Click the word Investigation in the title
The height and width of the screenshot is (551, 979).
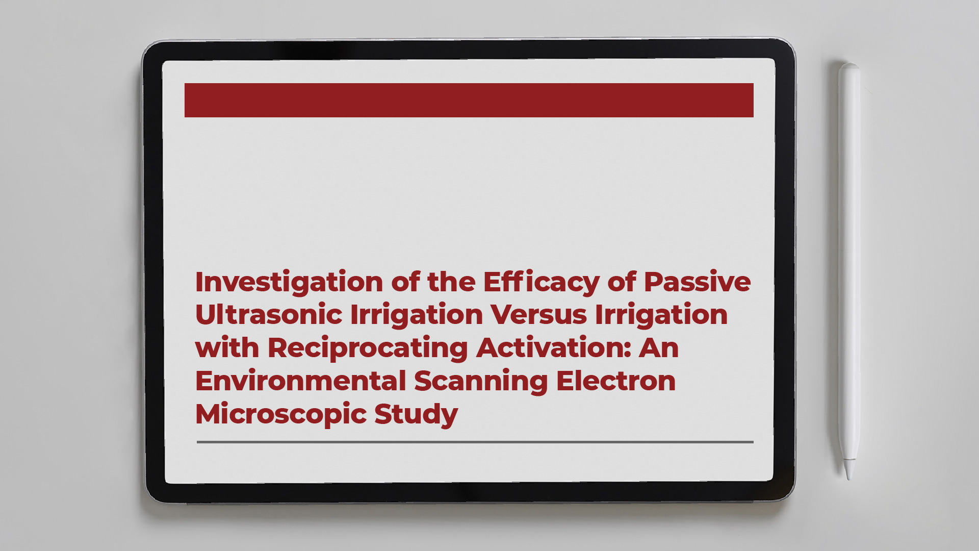coord(289,282)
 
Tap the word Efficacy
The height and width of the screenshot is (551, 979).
coord(541,282)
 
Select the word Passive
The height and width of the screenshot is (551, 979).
coord(697,282)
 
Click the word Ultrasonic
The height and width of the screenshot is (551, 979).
coord(268,315)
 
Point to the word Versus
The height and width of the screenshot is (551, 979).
coord(538,315)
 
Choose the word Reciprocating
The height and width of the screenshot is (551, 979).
coord(368,348)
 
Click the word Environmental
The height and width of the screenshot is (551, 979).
coord(300,381)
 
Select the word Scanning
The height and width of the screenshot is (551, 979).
coord(480,381)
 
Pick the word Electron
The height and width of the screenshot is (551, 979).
coord(616,381)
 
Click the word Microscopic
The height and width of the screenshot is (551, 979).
coord(281,414)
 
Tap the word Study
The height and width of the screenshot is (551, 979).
coord(416,414)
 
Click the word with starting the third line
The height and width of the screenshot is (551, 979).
coord(227,348)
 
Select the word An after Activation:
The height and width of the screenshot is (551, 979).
coord(659,348)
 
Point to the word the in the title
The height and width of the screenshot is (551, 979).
coord(451,282)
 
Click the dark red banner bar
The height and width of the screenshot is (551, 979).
coord(469,100)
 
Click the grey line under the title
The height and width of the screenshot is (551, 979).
coord(475,442)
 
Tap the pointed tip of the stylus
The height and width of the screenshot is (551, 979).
coord(849,477)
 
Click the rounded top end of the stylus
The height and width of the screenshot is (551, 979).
coord(849,66)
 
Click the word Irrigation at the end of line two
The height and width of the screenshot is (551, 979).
coord(661,315)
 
